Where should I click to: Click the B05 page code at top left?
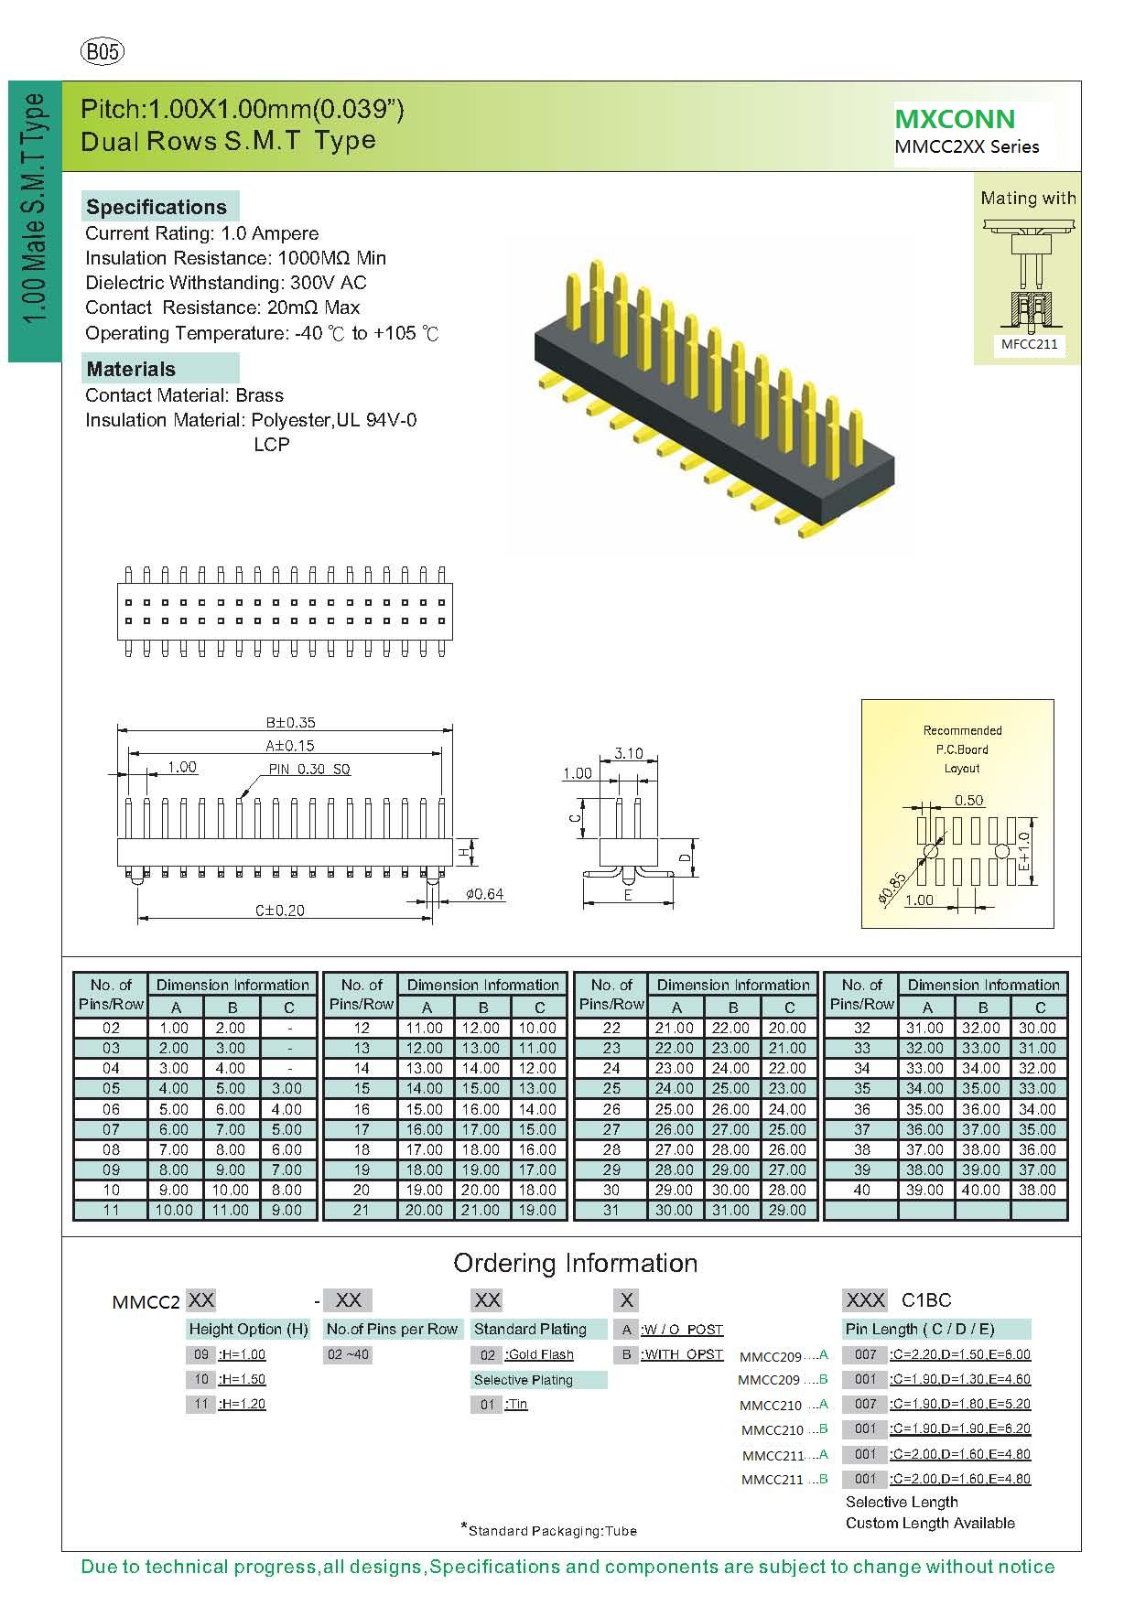click(x=103, y=52)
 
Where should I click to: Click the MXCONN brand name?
click(x=955, y=119)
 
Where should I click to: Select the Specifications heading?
click(x=157, y=207)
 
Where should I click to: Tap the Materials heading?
click(x=131, y=369)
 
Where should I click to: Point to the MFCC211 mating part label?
click(x=1029, y=344)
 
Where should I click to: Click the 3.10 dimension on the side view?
click(x=628, y=753)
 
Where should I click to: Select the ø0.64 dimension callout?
click(x=484, y=893)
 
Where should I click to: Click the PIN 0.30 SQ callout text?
click(x=309, y=769)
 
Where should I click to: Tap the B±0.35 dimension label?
click(x=290, y=723)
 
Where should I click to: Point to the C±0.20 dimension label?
click(x=279, y=910)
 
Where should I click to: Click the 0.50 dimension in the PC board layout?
click(x=968, y=800)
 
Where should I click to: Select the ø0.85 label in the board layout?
click(x=892, y=889)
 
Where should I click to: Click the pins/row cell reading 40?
click(x=861, y=1190)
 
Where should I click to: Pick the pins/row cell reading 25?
click(x=611, y=1088)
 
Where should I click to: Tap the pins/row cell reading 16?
click(x=362, y=1109)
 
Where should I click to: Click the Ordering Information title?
click(x=575, y=1263)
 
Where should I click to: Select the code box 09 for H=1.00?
click(x=201, y=1354)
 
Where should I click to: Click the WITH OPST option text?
click(x=683, y=1354)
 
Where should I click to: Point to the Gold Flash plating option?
click(x=540, y=1354)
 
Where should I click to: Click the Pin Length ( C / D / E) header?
click(x=919, y=1329)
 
